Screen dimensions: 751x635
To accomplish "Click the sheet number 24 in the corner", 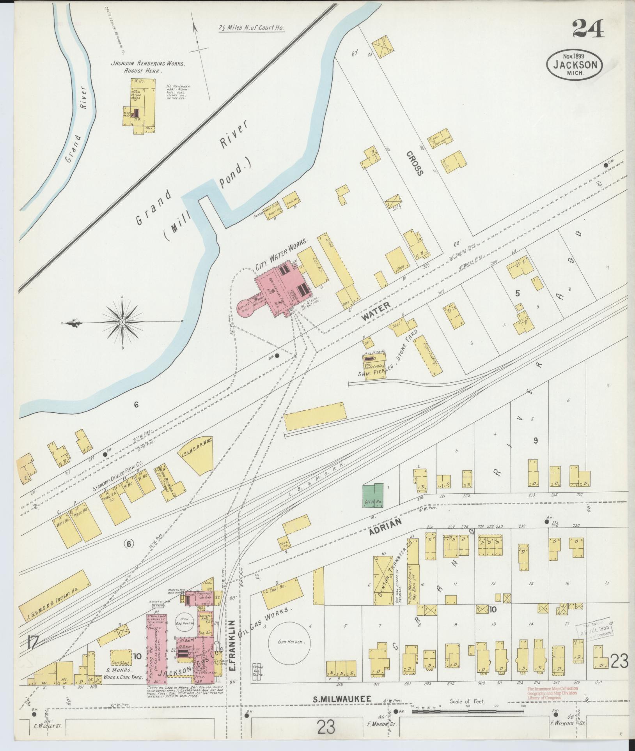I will point(588,29).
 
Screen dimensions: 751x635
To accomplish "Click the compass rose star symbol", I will point(122,322).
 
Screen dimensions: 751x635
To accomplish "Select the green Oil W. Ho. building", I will point(373,496).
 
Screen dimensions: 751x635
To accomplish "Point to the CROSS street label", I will point(414,164).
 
